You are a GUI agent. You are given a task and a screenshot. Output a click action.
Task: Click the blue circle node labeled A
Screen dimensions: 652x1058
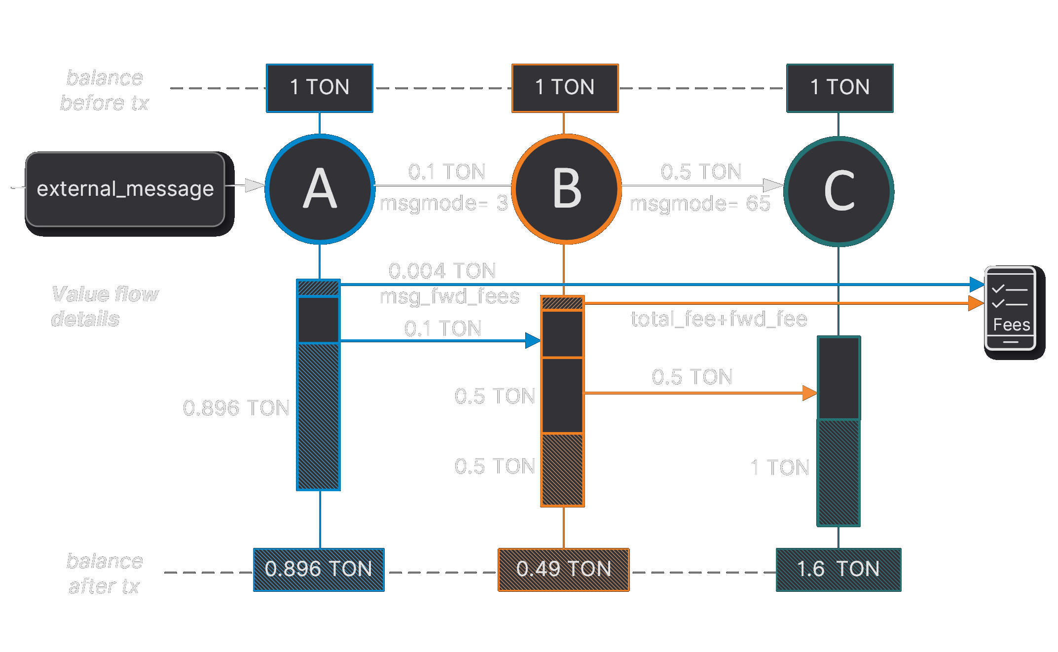coord(320,189)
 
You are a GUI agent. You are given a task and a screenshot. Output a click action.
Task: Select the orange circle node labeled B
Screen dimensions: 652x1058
coord(566,189)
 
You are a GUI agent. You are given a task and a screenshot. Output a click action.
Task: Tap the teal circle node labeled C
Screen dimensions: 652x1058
coord(839,191)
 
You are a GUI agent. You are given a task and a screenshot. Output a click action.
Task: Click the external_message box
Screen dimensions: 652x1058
coord(125,189)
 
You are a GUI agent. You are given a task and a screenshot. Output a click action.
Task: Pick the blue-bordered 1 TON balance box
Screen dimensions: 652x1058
coord(320,88)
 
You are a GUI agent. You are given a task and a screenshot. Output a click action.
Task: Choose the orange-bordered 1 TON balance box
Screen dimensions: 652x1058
coord(565,88)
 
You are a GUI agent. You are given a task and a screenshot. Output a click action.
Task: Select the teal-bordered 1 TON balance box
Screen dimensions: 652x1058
coord(839,88)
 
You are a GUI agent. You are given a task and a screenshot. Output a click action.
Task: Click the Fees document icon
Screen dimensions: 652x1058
coord(1010,308)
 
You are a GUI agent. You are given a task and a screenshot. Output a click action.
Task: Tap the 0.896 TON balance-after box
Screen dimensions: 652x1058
coord(319,570)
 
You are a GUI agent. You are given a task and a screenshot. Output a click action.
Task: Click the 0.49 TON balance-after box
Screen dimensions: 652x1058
coord(563,570)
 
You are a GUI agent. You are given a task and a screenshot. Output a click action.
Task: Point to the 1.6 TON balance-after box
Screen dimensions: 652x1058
coord(839,570)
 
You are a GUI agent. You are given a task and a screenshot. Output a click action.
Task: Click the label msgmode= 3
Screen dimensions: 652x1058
coord(443,203)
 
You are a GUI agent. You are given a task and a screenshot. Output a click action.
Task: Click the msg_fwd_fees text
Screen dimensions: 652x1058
coord(449,296)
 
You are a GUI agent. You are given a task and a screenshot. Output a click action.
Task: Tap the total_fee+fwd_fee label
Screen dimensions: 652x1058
coord(718,319)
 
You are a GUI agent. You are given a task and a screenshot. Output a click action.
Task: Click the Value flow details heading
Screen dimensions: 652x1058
coord(104,306)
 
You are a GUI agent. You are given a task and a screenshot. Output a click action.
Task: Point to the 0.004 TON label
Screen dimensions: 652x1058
coord(442,271)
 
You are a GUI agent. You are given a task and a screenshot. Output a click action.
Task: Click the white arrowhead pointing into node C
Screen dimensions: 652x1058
coord(772,185)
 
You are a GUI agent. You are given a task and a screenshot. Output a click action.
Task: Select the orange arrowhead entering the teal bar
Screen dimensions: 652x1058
coord(809,393)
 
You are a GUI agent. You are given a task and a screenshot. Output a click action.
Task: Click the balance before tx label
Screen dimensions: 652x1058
coord(104,90)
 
